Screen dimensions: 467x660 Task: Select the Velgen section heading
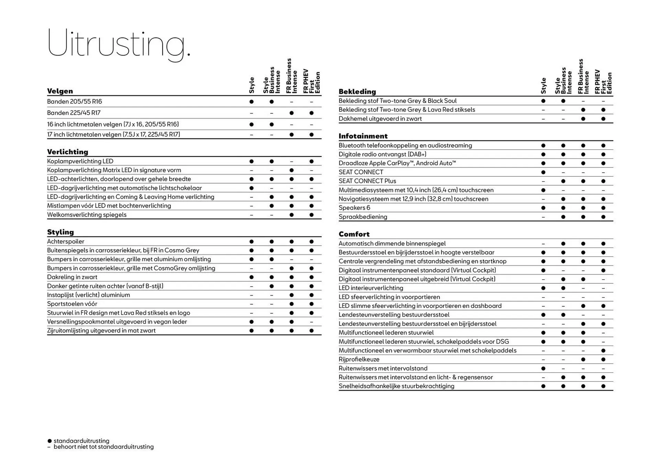click(60, 91)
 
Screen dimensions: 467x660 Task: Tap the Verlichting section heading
click(67, 152)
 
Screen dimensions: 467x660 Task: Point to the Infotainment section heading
click(363, 136)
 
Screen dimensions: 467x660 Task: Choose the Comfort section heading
click(354, 234)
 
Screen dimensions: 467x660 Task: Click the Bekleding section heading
click(357, 91)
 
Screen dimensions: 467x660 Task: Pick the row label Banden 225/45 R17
click(74, 113)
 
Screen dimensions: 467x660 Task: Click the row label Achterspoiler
click(65, 241)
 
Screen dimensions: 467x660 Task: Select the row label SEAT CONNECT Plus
click(367, 181)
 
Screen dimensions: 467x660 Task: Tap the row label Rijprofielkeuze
click(359, 359)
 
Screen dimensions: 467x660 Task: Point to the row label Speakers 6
click(354, 208)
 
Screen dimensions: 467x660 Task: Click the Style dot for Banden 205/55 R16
click(251, 102)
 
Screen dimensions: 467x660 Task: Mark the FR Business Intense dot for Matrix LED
click(291, 170)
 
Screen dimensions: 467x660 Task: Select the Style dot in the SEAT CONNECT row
click(543, 172)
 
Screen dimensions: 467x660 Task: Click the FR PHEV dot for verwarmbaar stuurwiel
click(603, 351)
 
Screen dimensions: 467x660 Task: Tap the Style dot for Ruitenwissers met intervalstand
click(543, 369)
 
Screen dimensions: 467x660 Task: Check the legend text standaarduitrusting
click(81, 441)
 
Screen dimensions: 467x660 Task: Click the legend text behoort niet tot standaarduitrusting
click(103, 447)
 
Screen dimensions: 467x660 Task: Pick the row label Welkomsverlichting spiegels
click(87, 215)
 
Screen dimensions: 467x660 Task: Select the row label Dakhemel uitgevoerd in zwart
click(380, 119)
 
